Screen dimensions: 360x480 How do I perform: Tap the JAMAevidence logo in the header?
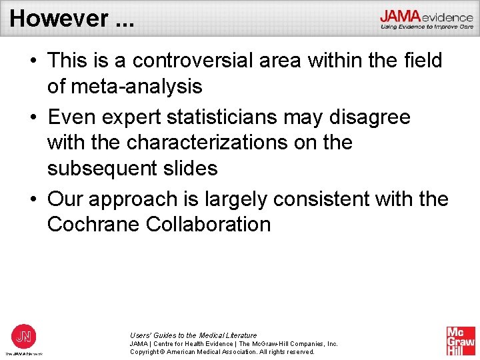click(x=426, y=18)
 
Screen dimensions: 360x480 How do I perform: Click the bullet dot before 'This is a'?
click(x=32, y=61)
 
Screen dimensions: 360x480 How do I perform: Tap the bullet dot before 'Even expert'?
click(x=32, y=117)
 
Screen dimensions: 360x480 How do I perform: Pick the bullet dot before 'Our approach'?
click(x=32, y=199)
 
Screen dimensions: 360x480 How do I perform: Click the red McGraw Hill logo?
click(x=461, y=341)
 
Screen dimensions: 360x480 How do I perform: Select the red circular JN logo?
click(x=24, y=335)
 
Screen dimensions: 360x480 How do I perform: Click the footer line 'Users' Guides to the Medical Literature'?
click(x=193, y=335)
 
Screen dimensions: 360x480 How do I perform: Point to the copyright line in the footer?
click(x=222, y=351)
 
